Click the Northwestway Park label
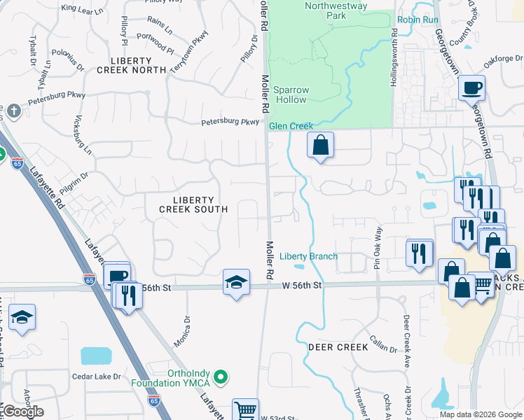[326, 10]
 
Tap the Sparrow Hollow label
[290, 94]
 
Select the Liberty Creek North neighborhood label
[131, 64]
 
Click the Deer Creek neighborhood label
[338, 347]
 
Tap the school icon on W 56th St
[236, 282]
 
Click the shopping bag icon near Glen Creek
[320, 145]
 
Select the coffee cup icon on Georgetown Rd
[471, 87]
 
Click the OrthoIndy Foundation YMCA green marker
[222, 378]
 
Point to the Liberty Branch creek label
[309, 256]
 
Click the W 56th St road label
[302, 285]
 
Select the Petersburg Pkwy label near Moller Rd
[230, 122]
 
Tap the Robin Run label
[418, 20]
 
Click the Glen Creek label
[291, 126]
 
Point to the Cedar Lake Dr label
[97, 376]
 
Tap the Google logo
[23, 412]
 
